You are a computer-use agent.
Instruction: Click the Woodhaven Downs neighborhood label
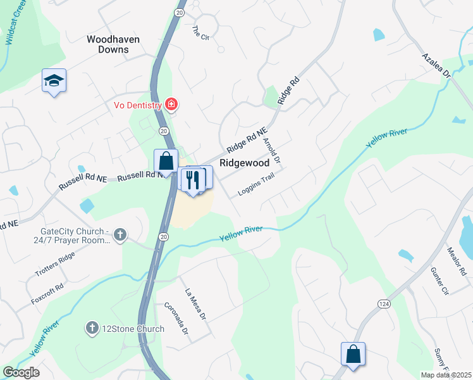[113, 44]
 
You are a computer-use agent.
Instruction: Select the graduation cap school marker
[54, 80]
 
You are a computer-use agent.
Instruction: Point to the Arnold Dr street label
[271, 151]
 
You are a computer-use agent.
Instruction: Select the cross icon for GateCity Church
[120, 236]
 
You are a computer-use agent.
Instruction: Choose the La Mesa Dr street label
[196, 303]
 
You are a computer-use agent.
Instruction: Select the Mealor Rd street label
[456, 262]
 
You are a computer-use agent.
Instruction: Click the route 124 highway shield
[384, 305]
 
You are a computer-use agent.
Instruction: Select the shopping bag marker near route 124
[353, 354]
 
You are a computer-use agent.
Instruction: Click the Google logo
[21, 372]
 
